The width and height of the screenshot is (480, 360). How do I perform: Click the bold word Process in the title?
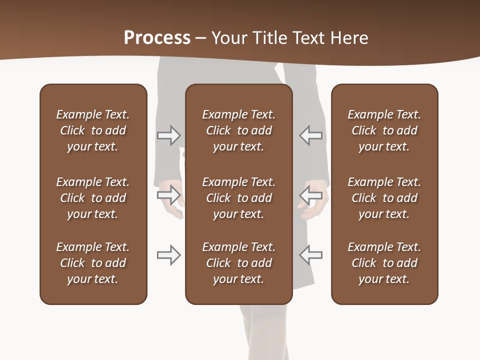tap(157, 38)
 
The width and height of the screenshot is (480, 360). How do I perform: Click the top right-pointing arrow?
tap(168, 135)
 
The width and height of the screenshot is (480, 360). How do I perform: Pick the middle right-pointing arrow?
tap(168, 194)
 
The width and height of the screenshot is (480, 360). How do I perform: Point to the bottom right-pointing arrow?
tap(168, 255)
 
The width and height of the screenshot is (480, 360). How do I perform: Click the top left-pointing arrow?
tap(310, 135)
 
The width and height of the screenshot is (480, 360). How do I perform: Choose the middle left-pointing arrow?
tap(310, 194)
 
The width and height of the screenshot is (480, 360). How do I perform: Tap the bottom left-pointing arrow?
tap(310, 254)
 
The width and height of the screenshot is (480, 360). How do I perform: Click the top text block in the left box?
tap(93, 130)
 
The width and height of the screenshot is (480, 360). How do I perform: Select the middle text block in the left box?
tap(93, 198)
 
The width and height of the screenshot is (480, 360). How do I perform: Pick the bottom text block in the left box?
tap(93, 263)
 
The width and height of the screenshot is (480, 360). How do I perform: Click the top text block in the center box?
tap(238, 130)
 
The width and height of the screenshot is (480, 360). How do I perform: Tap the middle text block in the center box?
tap(238, 198)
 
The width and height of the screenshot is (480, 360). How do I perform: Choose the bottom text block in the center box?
tap(238, 263)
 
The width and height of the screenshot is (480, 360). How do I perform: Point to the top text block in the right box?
tap(384, 130)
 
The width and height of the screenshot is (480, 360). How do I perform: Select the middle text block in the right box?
tap(384, 198)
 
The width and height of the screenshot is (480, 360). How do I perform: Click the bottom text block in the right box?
tap(384, 263)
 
